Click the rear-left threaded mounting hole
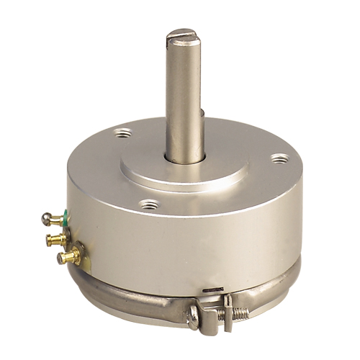[x=123, y=132]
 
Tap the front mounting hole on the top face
[x=150, y=204]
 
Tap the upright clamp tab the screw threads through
[x=228, y=302]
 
